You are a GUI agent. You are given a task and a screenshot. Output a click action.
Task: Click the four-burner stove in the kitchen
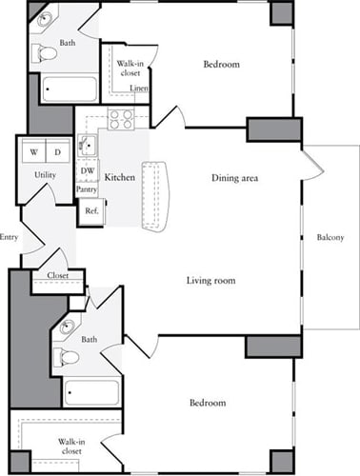click(122, 119)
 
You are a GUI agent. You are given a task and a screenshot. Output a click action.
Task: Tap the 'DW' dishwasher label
click(87, 170)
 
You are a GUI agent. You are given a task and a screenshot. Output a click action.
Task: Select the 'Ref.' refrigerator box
click(91, 210)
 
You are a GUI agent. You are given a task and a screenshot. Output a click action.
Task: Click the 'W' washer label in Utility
click(33, 152)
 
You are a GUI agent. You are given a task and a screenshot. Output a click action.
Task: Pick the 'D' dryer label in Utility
click(55, 152)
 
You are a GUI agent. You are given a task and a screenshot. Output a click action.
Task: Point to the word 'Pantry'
click(87, 189)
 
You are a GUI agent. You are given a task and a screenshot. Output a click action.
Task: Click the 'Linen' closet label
click(138, 89)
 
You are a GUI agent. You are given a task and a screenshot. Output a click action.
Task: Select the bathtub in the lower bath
click(91, 392)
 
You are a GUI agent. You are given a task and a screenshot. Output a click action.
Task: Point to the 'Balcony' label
click(330, 237)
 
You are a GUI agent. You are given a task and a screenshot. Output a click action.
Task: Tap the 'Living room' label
click(210, 280)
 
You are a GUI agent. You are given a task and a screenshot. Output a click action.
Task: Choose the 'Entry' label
click(10, 237)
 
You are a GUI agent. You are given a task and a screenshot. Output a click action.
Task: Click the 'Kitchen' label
click(119, 177)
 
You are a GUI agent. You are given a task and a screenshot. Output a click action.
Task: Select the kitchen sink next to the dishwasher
click(86, 146)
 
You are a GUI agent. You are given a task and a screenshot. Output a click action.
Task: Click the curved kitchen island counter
click(154, 195)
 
